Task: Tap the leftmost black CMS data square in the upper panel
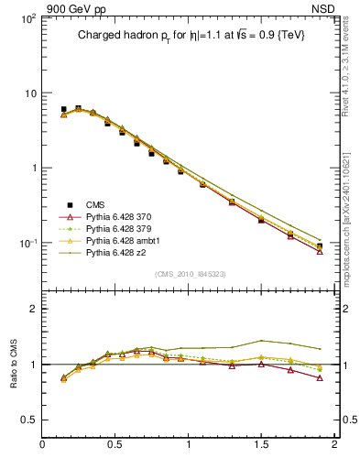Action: pyautogui.click(x=63, y=109)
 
